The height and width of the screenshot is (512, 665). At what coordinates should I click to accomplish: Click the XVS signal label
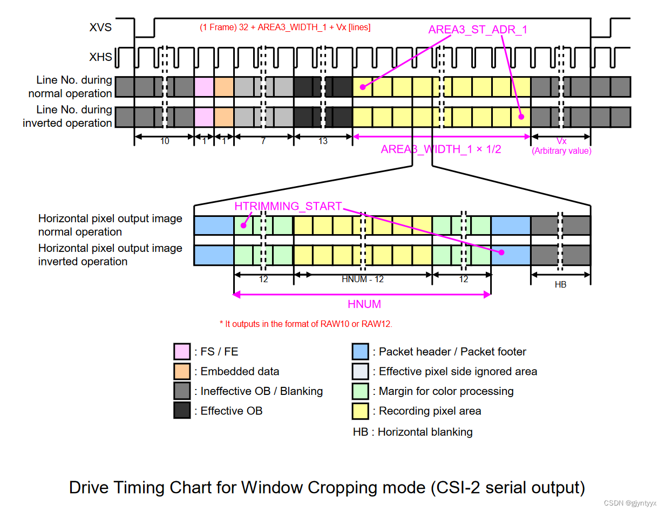[101, 28]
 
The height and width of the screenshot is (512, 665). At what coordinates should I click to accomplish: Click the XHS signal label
[101, 56]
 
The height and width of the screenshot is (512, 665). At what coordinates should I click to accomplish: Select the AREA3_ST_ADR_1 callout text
[477, 30]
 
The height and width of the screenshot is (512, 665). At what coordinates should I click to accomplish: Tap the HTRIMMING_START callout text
[288, 206]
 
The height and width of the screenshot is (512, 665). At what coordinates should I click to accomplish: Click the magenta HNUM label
[364, 304]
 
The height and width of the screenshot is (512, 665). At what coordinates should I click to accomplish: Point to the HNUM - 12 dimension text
[363, 279]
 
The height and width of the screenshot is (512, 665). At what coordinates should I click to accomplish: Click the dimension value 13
[323, 141]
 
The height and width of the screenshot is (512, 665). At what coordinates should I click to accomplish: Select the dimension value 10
[165, 141]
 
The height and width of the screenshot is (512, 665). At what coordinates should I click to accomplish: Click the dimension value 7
[263, 141]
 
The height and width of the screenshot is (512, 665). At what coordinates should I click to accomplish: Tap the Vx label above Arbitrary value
[561, 141]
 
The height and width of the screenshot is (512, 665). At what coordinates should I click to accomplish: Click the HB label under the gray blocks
[560, 284]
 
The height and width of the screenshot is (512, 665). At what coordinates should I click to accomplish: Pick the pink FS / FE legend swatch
[182, 352]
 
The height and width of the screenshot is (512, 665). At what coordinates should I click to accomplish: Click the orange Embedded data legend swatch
[182, 371]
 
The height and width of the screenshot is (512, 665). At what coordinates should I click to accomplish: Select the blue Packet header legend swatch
[360, 352]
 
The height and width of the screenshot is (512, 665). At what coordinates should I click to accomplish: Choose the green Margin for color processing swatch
[360, 391]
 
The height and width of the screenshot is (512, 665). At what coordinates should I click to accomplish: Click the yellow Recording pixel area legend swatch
[360, 411]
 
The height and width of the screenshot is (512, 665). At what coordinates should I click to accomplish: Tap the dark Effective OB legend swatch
[182, 411]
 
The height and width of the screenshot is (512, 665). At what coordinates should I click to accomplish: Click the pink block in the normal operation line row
[204, 86]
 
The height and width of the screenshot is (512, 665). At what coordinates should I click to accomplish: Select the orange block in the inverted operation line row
[224, 117]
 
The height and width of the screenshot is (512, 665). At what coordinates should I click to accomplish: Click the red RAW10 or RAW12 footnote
[306, 324]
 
